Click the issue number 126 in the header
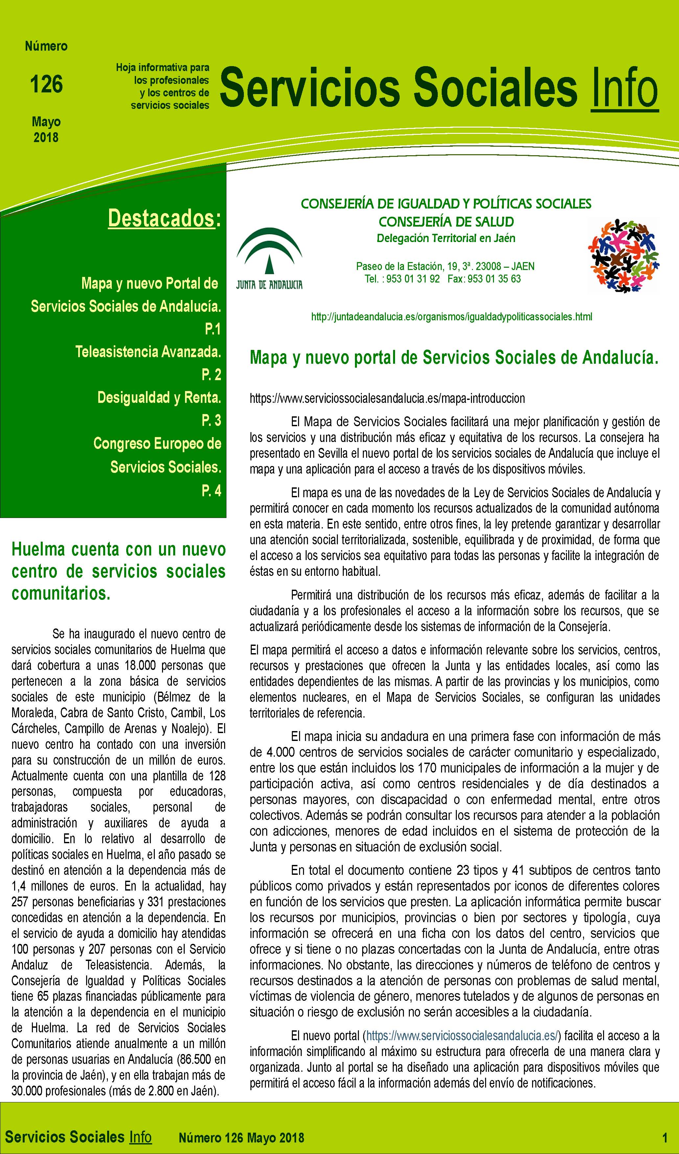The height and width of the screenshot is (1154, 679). point(46,84)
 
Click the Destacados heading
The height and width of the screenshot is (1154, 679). point(161,218)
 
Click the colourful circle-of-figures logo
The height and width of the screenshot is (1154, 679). point(623,256)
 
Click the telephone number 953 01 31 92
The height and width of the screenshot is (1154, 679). point(413,279)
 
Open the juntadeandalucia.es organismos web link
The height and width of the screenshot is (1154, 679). point(451,316)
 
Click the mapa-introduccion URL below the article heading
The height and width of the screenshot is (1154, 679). point(387,398)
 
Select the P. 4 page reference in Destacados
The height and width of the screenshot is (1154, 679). point(211,490)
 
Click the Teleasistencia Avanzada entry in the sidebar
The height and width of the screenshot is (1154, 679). point(148,352)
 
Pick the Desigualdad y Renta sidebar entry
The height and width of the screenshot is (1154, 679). point(159,398)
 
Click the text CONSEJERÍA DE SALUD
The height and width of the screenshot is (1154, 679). point(446,222)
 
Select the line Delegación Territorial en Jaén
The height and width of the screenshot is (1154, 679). point(446,238)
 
